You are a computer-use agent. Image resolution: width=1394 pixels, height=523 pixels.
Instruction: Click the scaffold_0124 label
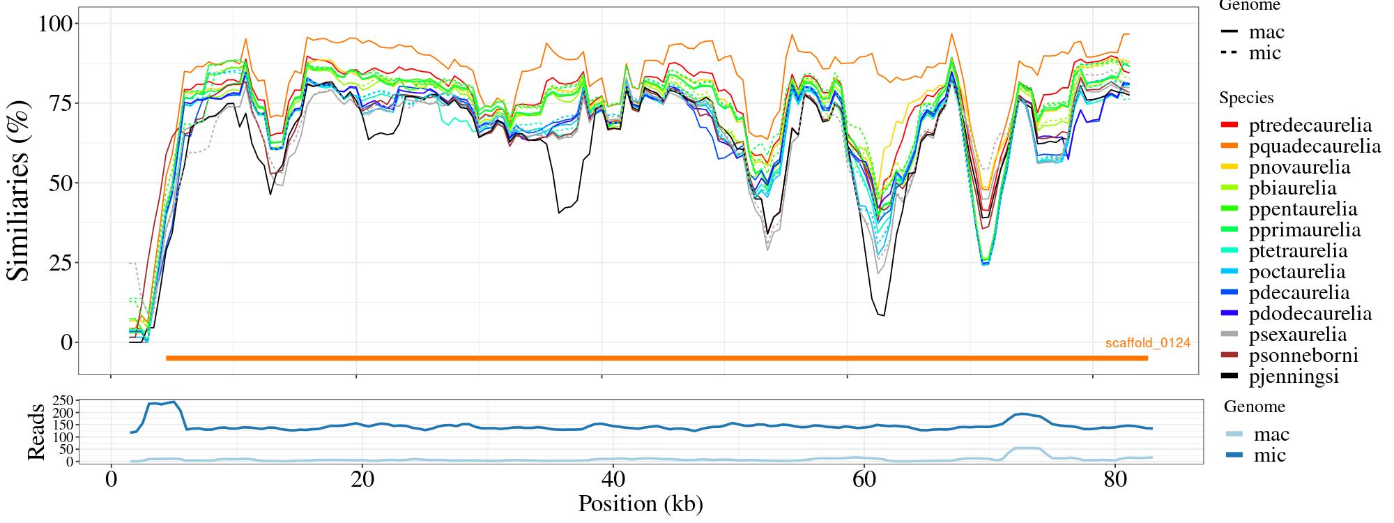pyautogui.click(x=1147, y=343)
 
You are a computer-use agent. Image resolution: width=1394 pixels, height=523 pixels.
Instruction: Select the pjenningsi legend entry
pyautogui.click(x=1294, y=377)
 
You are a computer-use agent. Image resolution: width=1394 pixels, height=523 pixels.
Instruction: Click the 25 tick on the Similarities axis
pyautogui.click(x=61, y=263)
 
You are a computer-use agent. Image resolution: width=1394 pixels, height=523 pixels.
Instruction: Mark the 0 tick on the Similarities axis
pyautogui.click(x=66, y=342)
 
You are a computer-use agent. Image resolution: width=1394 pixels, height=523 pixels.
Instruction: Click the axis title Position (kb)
pyautogui.click(x=641, y=503)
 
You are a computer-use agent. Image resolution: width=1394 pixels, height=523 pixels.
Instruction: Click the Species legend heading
pyautogui.click(x=1246, y=98)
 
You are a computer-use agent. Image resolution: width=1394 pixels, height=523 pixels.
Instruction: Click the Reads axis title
pyautogui.click(x=36, y=431)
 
